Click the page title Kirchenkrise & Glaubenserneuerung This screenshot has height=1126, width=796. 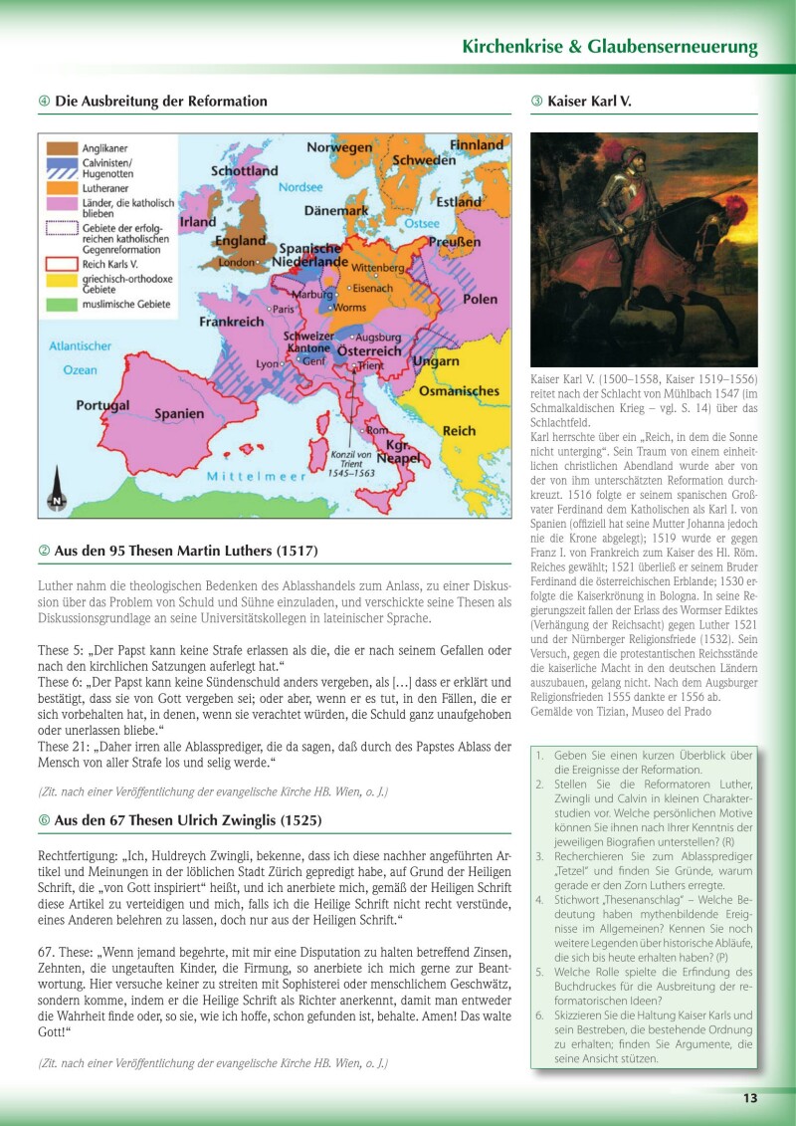609,47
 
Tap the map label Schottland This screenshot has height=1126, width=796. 245,170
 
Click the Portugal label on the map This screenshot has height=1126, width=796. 102,406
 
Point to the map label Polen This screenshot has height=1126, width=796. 480,299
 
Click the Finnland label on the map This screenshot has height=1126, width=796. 477,144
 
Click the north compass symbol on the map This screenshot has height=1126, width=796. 58,494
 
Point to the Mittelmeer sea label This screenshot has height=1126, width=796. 256,477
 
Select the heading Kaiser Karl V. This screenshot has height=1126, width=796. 588,102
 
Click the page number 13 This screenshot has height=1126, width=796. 749,1098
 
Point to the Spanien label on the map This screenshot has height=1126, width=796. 179,413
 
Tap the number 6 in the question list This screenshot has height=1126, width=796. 539,1014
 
